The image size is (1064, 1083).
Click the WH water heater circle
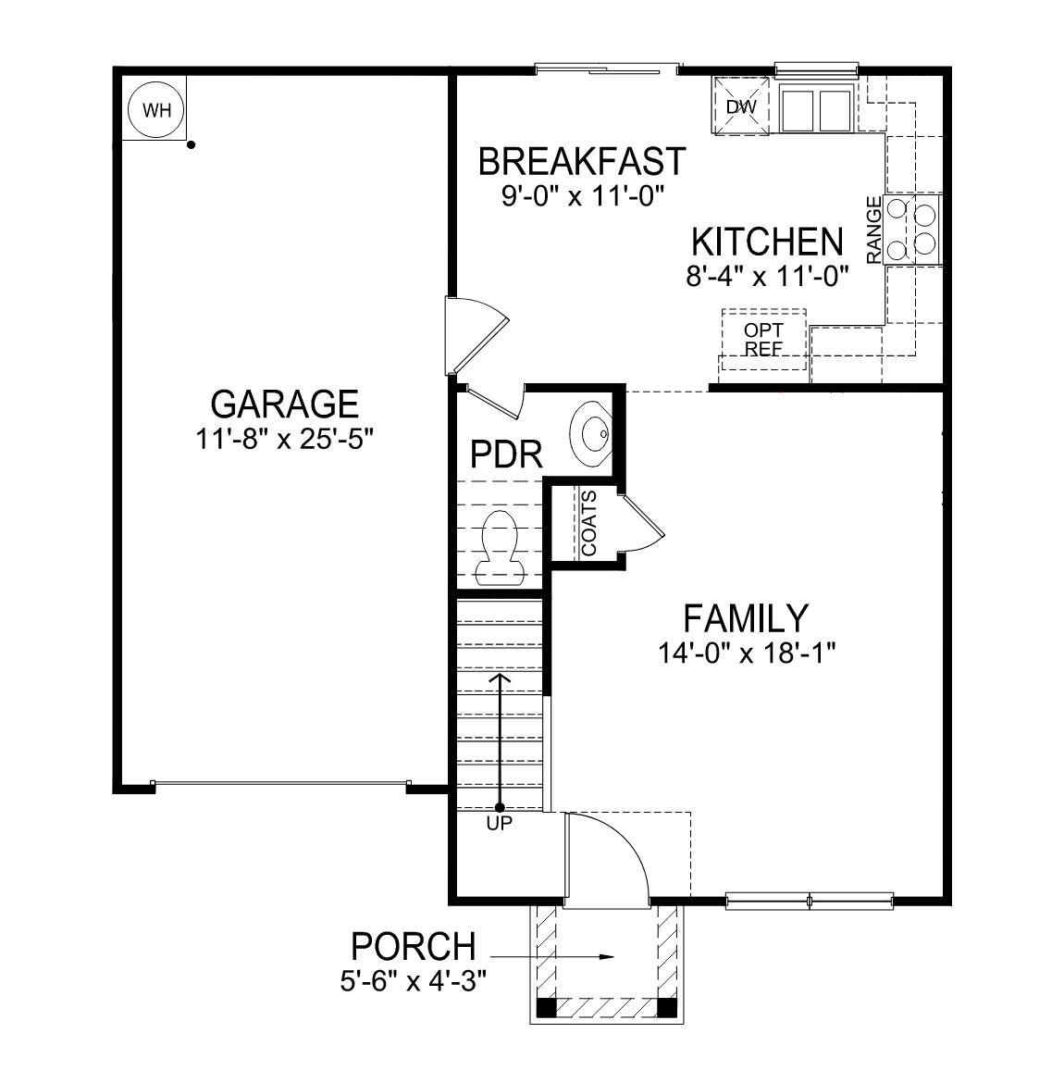coord(155,110)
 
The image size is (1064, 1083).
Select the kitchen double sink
coord(815,109)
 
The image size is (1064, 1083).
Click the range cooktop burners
coord(911,228)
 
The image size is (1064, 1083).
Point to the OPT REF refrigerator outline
coord(763,340)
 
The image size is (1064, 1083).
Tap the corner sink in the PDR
coord(589,433)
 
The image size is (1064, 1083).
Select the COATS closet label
coord(589,523)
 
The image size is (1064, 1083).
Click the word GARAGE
coord(284,405)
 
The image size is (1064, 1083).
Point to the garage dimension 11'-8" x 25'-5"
coord(284,440)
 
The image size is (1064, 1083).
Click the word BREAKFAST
coord(582,161)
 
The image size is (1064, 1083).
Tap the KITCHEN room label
coord(767,243)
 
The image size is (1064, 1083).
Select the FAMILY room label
coord(746,617)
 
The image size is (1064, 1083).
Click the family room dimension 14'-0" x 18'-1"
coord(747,654)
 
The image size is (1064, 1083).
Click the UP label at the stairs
coord(499,823)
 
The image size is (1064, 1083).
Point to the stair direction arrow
coord(500,741)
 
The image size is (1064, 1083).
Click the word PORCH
coord(413,947)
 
